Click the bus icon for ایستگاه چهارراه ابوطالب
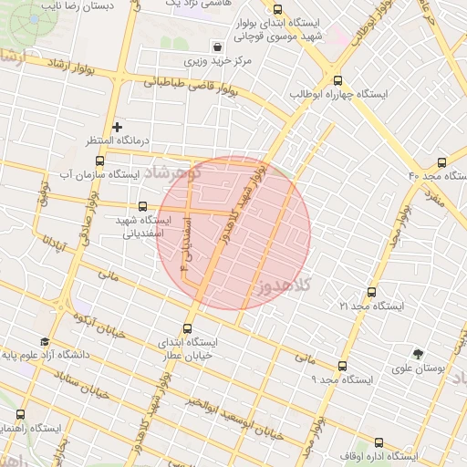338,80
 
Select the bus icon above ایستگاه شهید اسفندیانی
141,207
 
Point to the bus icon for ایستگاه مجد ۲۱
370,293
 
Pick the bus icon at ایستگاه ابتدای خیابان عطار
188,328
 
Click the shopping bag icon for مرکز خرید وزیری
217,47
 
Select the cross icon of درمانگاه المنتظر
117,127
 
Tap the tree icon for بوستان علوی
419,353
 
